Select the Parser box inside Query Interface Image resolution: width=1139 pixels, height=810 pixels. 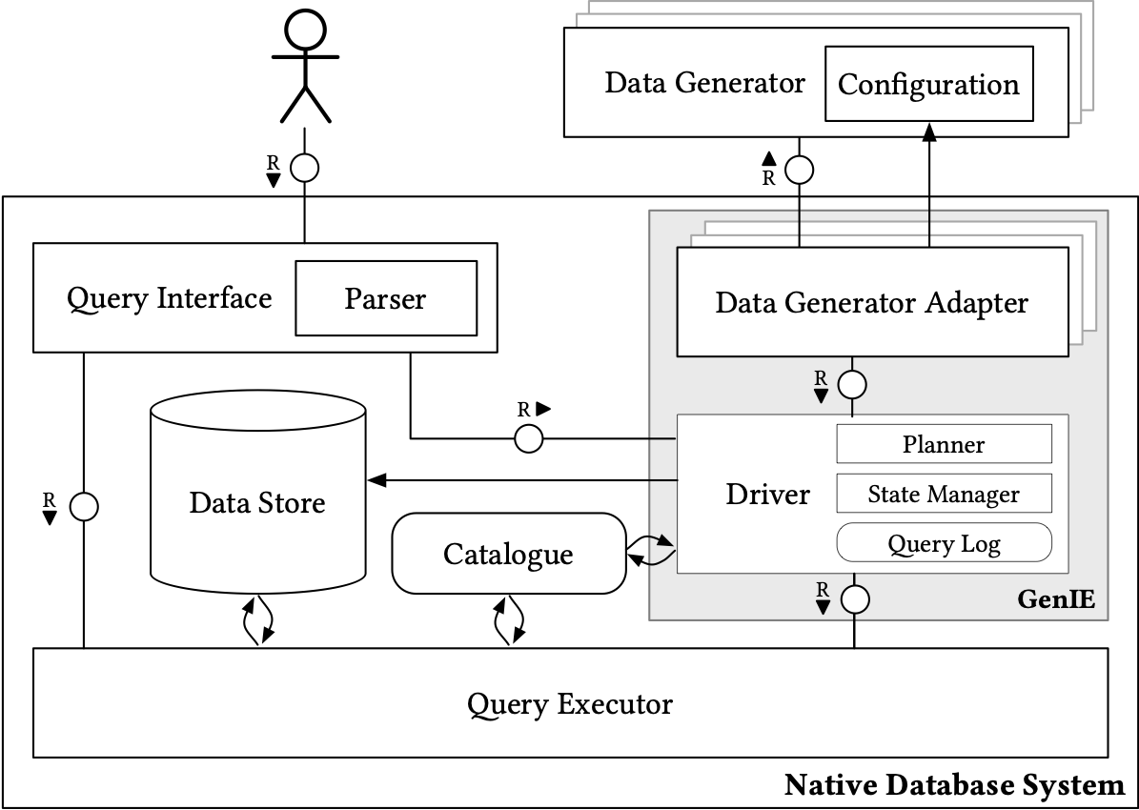tap(385, 298)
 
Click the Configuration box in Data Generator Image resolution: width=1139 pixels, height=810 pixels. tap(928, 84)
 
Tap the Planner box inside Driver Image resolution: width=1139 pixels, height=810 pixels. tap(944, 444)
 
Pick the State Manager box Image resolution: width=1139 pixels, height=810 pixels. tap(944, 495)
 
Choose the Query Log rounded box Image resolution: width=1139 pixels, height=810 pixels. tap(944, 544)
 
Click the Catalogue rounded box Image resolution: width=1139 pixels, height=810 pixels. tap(508, 554)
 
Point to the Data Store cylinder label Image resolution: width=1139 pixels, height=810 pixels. tap(257, 502)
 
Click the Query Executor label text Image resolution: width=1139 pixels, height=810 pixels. tap(570, 704)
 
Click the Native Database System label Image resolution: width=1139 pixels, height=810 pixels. tap(954, 785)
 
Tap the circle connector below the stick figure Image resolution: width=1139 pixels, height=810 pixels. tap(304, 169)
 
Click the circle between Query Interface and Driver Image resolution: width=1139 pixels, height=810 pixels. tap(529, 438)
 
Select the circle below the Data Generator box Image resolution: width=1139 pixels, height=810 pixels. tap(799, 170)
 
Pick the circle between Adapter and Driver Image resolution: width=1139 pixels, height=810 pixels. tap(852, 385)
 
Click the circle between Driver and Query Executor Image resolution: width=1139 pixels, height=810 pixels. tap(854, 599)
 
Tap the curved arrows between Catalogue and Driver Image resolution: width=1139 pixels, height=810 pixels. tap(651, 552)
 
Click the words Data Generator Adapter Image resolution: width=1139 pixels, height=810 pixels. tap(871, 303)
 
